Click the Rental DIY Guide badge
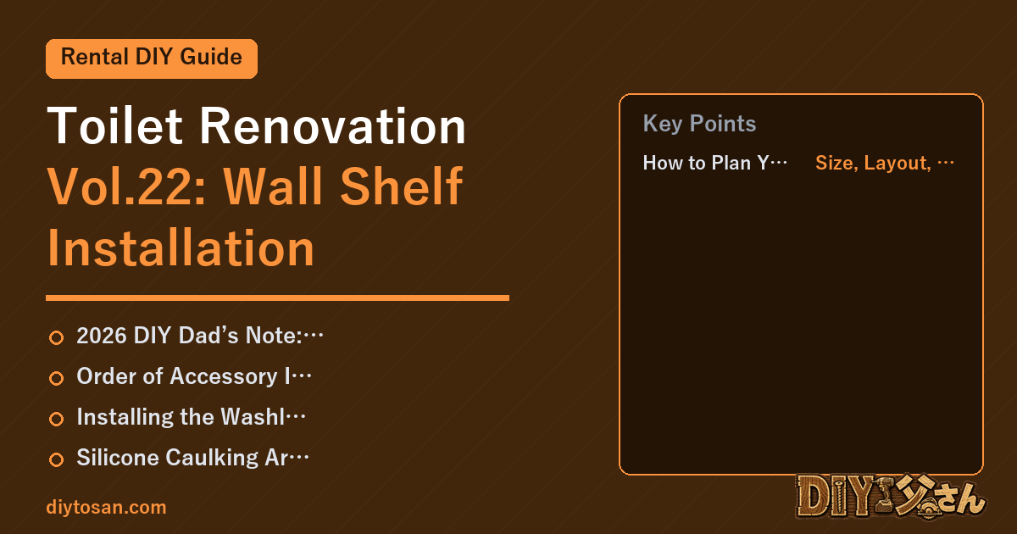tap(152, 58)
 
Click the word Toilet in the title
tap(115, 125)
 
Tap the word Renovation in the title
tap(333, 125)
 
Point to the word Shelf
tap(402, 186)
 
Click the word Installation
tap(181, 248)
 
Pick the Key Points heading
tap(699, 124)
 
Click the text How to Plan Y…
tap(714, 163)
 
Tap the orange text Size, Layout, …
tap(885, 163)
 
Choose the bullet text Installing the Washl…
tap(191, 417)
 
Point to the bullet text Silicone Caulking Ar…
tap(192, 457)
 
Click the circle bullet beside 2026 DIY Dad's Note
tap(56, 337)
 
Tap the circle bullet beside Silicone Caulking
tap(56, 459)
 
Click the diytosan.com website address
tap(106, 507)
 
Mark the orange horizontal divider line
tap(277, 298)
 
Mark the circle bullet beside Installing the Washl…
tap(56, 419)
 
